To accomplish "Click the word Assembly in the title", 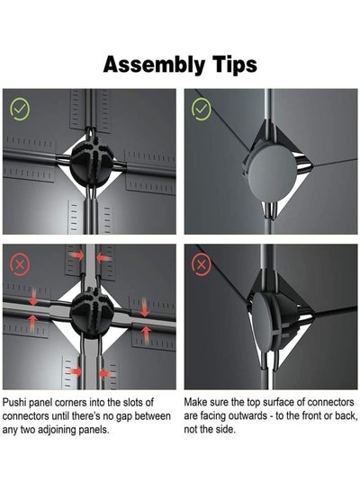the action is pyautogui.click(x=154, y=66).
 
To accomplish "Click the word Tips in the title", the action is pyautogui.click(x=234, y=66).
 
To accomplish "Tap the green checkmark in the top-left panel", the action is pyautogui.click(x=20, y=109).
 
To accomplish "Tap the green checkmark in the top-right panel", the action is pyautogui.click(x=201, y=109).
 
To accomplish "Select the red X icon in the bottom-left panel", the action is pyautogui.click(x=20, y=265).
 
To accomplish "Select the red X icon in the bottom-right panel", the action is pyautogui.click(x=201, y=265).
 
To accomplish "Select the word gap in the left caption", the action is pyautogui.click(x=126, y=417).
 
